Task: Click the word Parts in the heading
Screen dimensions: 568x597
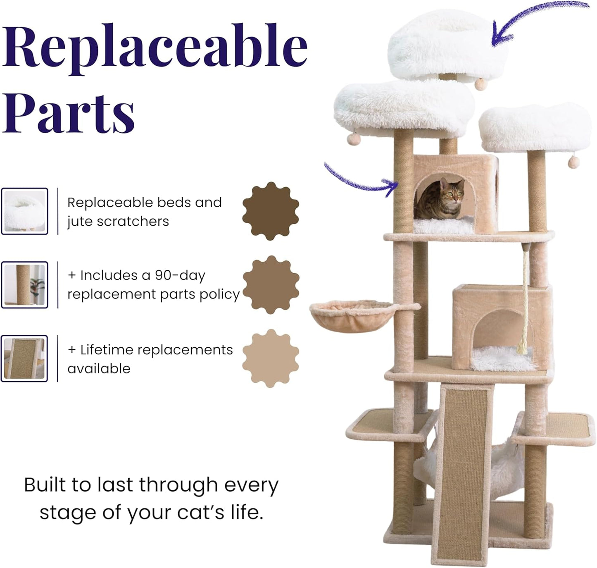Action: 69,112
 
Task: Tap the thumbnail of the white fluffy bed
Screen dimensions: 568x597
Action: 25,211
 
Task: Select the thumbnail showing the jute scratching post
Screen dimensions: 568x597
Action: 25,285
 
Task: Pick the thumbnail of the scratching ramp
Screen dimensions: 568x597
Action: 25,358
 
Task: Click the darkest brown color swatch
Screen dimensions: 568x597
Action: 271,211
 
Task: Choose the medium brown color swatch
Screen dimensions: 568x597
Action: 271,285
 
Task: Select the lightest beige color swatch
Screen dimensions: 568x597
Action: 271,358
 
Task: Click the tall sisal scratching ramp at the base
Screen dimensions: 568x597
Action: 463,471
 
